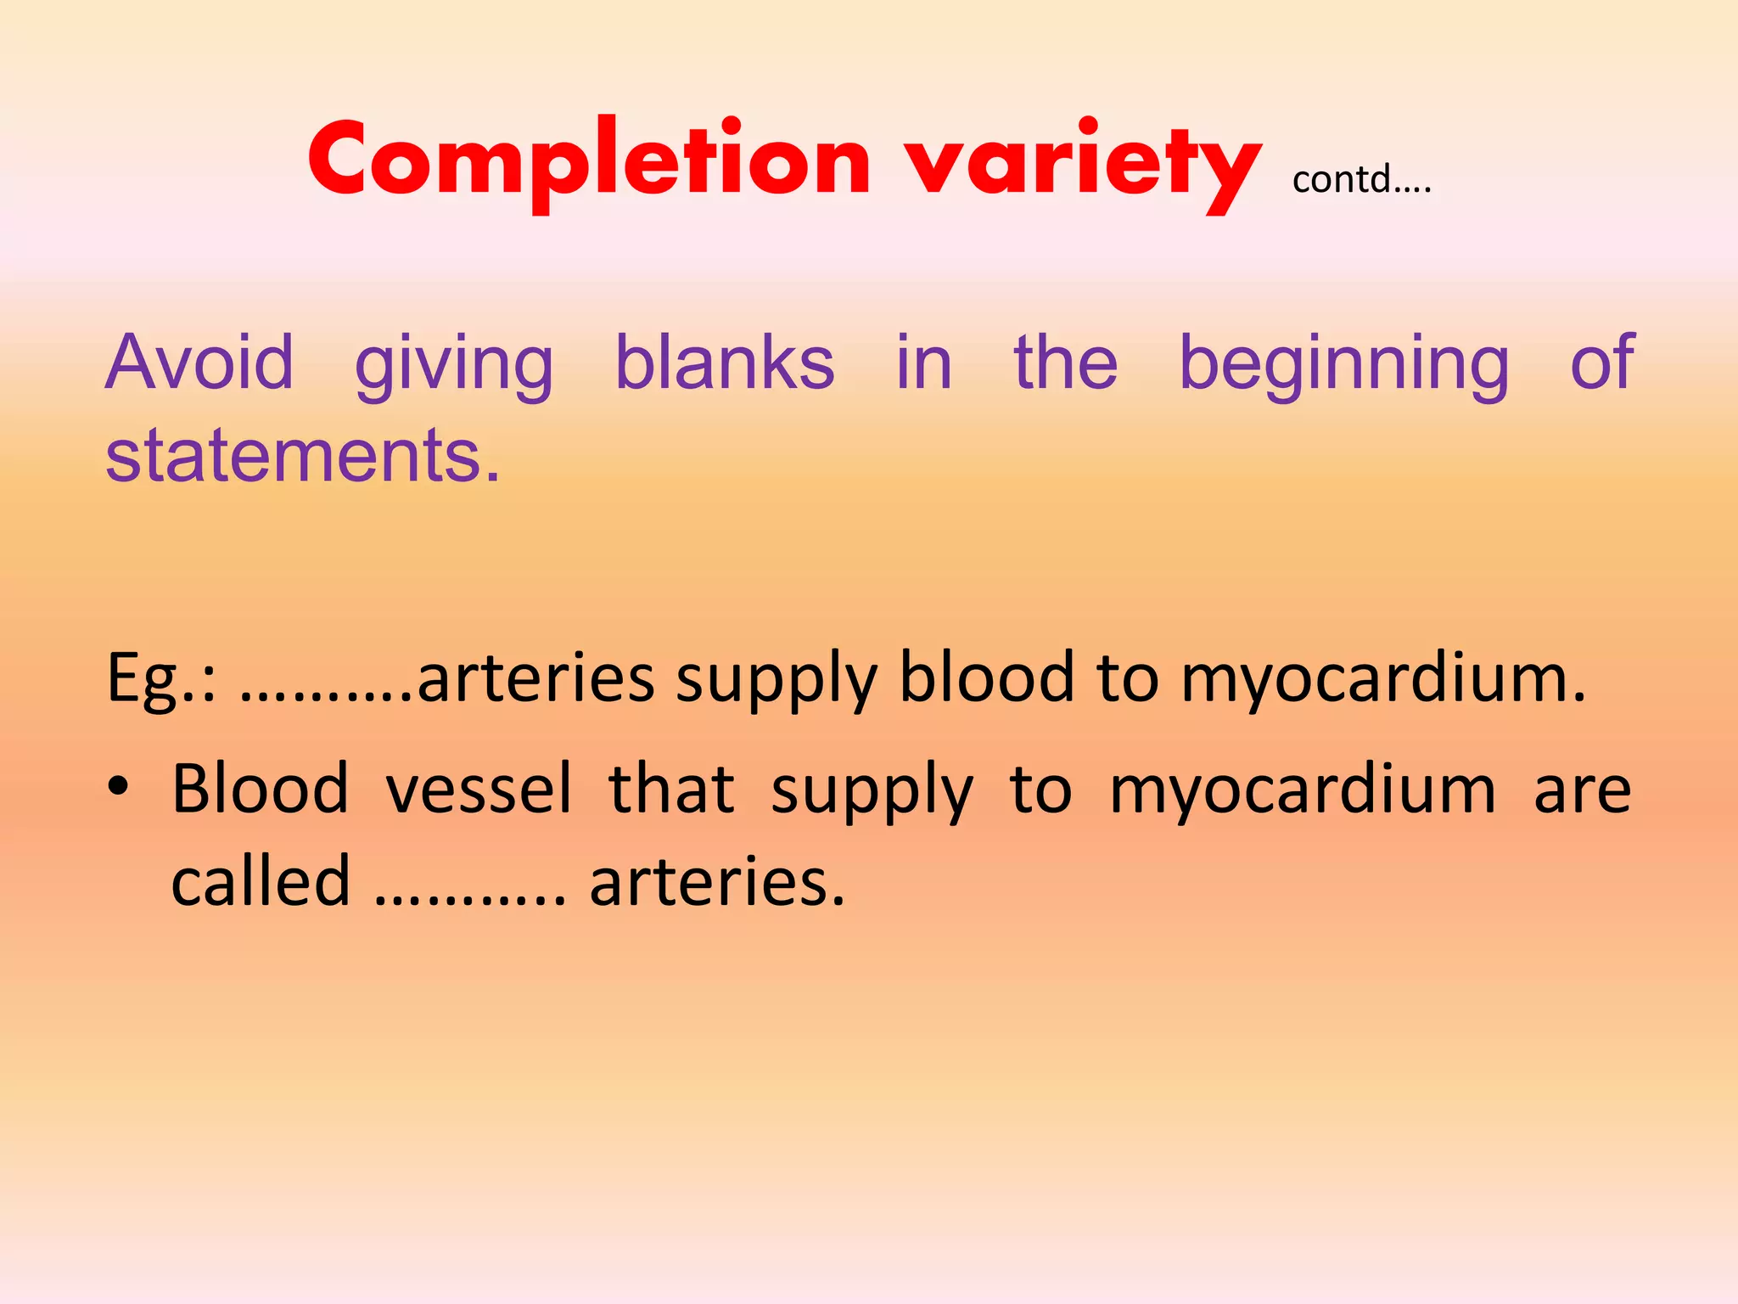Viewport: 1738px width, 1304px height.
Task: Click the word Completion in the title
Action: point(589,161)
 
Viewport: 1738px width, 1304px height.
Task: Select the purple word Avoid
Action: point(199,363)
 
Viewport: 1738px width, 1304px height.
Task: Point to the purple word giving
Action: point(454,365)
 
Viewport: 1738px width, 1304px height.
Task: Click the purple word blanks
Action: point(725,363)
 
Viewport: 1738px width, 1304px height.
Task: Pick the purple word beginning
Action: point(1344,365)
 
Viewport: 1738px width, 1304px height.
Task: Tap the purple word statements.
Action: point(303,456)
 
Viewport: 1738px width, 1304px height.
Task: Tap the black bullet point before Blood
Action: point(118,786)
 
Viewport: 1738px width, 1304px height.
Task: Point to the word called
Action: point(261,880)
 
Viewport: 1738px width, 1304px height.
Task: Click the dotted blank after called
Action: point(469,900)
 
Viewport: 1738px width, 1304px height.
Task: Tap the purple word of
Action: point(1601,363)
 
